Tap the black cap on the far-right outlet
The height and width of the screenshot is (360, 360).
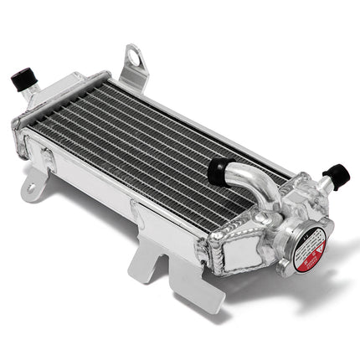337,175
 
